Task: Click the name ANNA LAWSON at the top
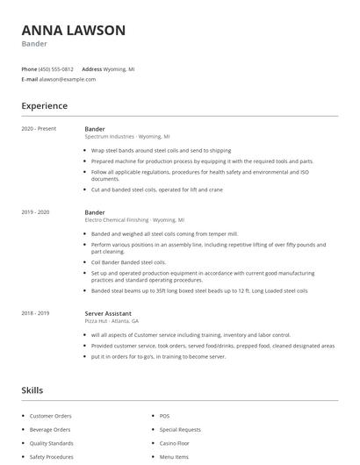coord(74,31)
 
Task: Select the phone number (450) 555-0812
coord(57,68)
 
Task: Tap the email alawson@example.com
coord(67,79)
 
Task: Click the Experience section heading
coord(44,106)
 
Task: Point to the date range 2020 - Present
coord(38,129)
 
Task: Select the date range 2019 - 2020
coord(35,212)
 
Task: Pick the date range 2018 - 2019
coord(35,313)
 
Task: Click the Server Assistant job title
coord(108,313)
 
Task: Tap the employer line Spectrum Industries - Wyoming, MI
coord(127,137)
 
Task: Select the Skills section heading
coord(32,390)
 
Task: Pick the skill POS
coord(164,416)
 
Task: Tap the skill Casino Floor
coord(175,443)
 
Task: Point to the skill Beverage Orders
coord(50,430)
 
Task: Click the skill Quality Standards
coord(51,443)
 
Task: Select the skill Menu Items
coord(174,457)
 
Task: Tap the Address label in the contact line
coord(91,68)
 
